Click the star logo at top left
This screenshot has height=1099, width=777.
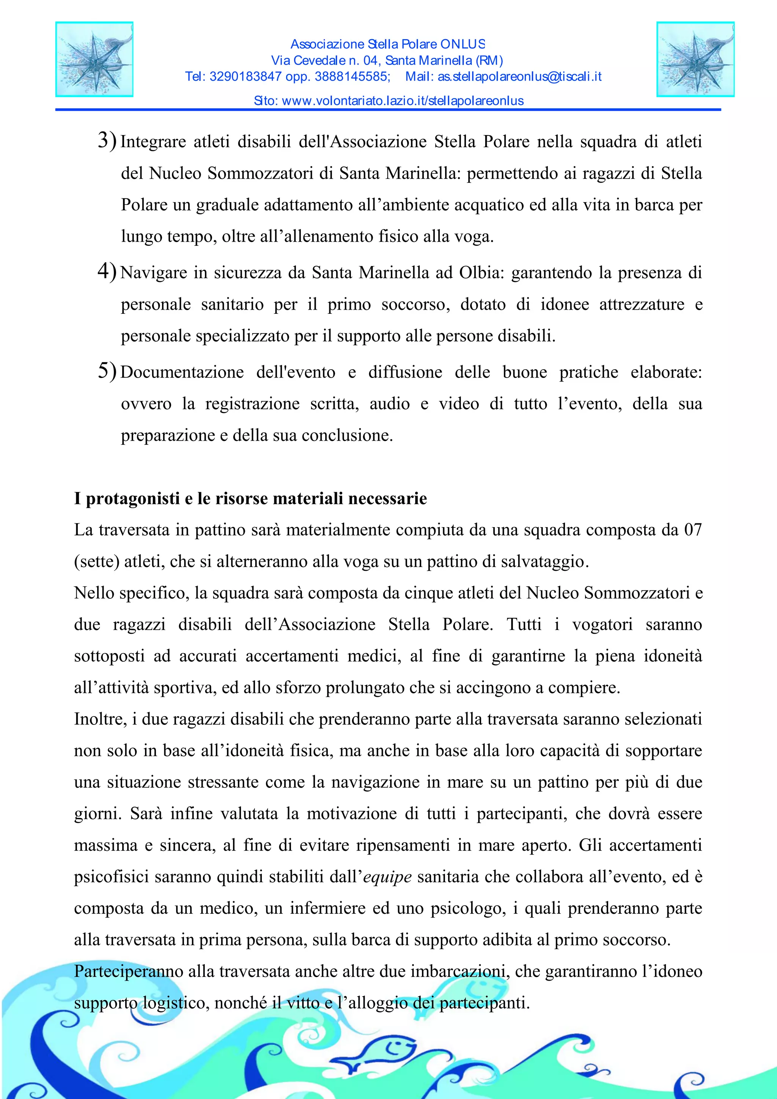[94, 59]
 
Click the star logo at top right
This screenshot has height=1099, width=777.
[695, 59]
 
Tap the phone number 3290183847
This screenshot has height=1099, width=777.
[245, 77]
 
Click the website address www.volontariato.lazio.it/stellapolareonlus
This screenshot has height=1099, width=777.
[403, 101]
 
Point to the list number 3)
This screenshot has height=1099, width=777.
[107, 140]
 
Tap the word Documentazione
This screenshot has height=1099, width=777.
[182, 372]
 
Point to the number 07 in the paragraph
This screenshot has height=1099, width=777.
[692, 530]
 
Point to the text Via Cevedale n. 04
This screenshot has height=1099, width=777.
[324, 60]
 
